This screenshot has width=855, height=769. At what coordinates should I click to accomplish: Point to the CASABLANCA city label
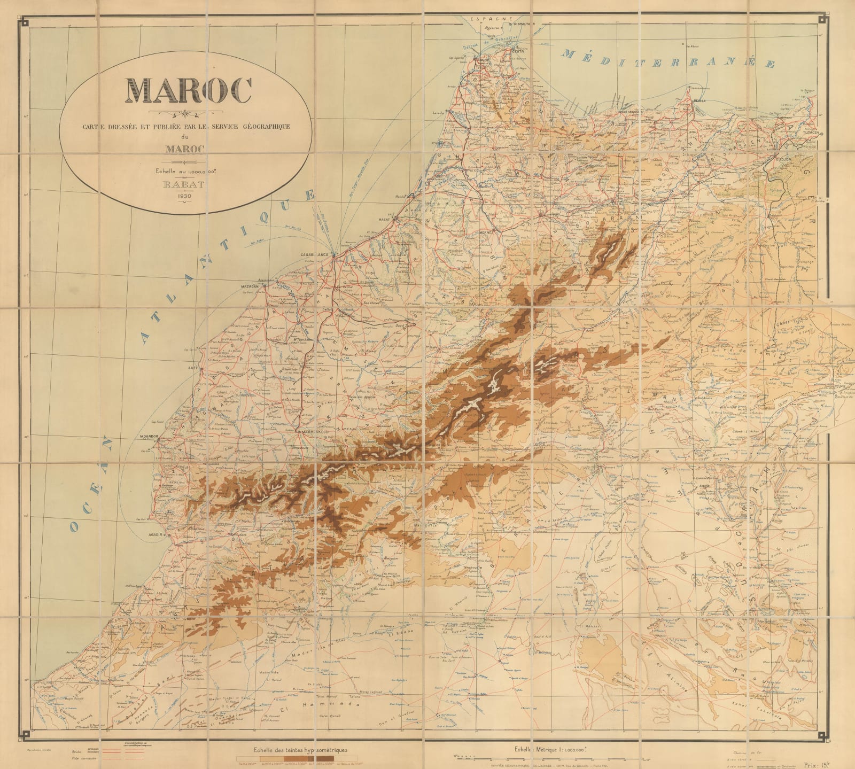(314, 255)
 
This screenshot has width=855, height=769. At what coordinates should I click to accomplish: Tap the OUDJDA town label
(782, 158)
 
